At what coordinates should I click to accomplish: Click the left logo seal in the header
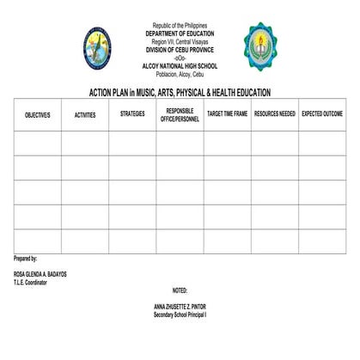click(97, 48)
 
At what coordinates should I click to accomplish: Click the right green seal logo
click(259, 47)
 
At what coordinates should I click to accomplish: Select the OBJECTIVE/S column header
click(37, 114)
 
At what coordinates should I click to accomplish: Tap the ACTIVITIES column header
click(85, 114)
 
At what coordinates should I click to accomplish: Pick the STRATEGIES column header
click(132, 114)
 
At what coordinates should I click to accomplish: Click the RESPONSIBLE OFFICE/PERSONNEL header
click(180, 114)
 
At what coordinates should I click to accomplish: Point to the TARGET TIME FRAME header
click(227, 114)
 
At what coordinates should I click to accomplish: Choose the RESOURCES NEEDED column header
click(275, 114)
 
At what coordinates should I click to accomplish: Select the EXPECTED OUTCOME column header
click(322, 114)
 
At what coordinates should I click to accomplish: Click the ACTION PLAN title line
click(180, 92)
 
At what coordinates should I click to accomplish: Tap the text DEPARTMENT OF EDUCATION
click(180, 34)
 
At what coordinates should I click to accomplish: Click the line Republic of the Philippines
click(180, 27)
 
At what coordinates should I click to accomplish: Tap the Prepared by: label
click(26, 259)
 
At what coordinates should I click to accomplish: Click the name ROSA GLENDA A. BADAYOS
click(40, 274)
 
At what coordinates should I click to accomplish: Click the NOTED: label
click(180, 290)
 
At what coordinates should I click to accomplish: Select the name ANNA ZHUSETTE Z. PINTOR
click(180, 307)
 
